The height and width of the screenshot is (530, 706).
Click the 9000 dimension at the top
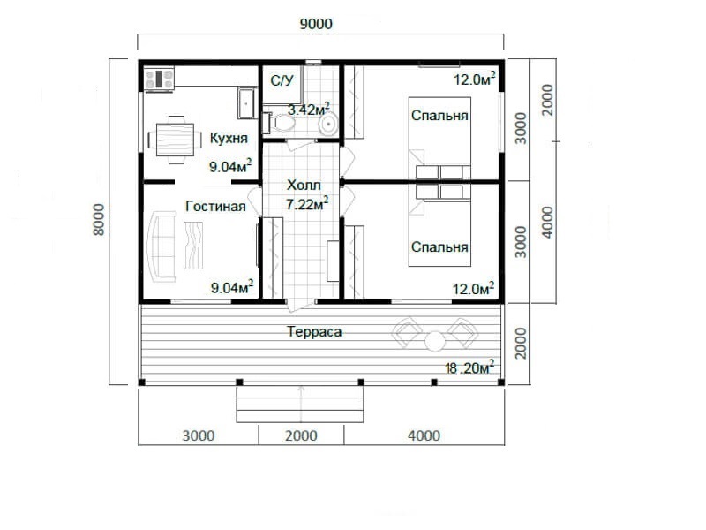(x=316, y=24)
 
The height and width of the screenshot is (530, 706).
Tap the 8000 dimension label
(x=98, y=219)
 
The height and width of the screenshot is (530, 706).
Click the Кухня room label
(x=229, y=139)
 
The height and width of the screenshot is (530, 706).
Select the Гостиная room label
(x=215, y=207)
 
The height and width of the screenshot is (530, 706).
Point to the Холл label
(x=304, y=185)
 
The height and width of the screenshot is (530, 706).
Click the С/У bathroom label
(x=282, y=80)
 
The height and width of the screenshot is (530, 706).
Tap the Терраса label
(x=314, y=332)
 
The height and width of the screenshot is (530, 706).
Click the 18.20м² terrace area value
(x=469, y=367)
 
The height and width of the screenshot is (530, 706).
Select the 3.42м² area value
(x=309, y=109)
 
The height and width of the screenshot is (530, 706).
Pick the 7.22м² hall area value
(x=307, y=204)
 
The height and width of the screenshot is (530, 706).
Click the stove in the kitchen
(x=159, y=79)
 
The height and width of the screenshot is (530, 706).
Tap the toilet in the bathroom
(x=280, y=123)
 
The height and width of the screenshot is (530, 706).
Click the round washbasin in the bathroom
(x=328, y=124)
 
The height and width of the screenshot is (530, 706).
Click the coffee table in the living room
(x=193, y=246)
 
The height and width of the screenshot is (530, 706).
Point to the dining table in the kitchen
(x=175, y=140)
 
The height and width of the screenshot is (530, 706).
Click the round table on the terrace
(x=435, y=341)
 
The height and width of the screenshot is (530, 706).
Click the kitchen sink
(x=246, y=102)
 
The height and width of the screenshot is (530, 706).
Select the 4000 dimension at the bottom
(x=424, y=435)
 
